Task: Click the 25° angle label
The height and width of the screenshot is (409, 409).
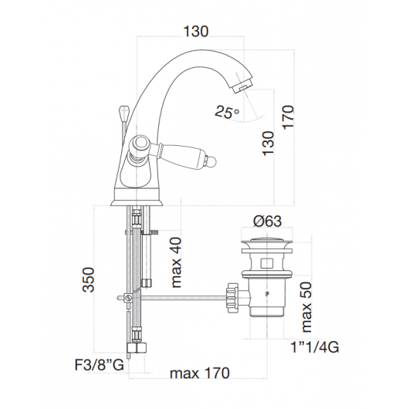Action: click(x=227, y=113)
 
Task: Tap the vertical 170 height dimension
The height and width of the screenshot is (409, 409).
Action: click(x=289, y=117)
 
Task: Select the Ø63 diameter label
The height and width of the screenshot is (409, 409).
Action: click(x=267, y=221)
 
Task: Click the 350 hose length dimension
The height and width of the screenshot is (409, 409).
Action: click(x=88, y=279)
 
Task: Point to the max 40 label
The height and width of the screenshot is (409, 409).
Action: click(x=176, y=262)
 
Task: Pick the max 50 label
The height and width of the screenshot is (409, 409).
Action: click(x=306, y=307)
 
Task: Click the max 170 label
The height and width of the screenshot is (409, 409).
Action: click(x=200, y=373)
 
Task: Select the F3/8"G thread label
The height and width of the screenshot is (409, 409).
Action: click(x=99, y=365)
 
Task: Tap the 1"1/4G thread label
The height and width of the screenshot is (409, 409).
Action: click(x=315, y=347)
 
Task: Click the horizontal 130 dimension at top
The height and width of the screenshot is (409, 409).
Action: click(x=196, y=32)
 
